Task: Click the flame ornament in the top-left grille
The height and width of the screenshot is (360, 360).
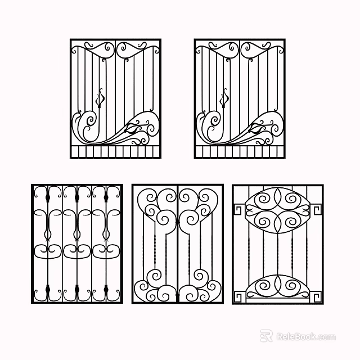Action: tap(101, 99)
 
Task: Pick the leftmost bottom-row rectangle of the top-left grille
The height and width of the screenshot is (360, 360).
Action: tap(74, 152)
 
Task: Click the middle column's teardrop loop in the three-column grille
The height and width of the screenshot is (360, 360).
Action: tap(77, 230)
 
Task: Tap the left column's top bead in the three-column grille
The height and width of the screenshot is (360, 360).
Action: tap(48, 197)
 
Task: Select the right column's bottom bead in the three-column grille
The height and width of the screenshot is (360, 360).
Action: tap(106, 291)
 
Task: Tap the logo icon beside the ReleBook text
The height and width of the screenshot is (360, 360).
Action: tap(266, 336)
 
